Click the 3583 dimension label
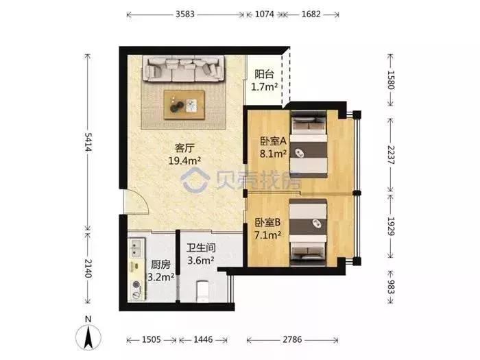coord(185,14)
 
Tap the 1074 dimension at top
coord(265,14)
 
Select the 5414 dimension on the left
coord(88,142)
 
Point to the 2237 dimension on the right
coord(391,154)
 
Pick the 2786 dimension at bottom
coord(292,339)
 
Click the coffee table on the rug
coord(184,104)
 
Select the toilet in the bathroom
coord(202,291)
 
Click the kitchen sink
coord(134,248)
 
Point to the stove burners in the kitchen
coord(135,289)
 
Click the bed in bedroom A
coord(309,144)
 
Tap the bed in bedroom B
coord(308,232)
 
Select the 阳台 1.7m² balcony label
coord(264,80)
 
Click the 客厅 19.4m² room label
coord(184,154)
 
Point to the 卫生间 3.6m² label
coord(201,254)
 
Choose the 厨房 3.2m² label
coord(160,271)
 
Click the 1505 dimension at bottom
coord(152,339)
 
